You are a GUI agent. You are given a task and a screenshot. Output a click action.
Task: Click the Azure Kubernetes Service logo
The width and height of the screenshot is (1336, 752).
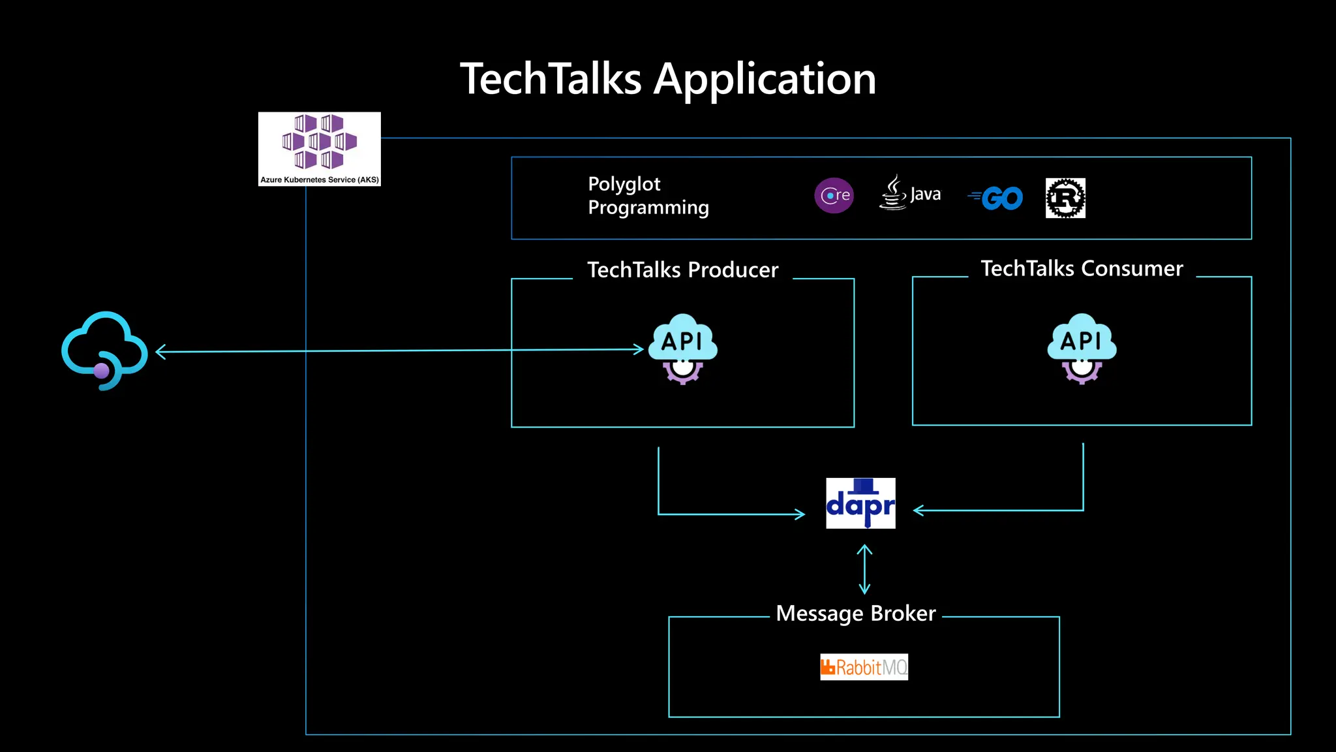[319, 148]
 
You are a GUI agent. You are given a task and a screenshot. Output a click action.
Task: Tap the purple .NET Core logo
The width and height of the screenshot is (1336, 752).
[834, 195]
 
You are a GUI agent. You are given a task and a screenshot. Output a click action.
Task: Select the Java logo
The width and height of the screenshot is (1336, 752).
[909, 193]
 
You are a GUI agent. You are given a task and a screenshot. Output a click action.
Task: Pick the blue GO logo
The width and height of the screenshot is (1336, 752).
[996, 198]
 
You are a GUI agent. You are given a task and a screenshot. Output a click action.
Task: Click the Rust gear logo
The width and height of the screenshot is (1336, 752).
[1065, 198]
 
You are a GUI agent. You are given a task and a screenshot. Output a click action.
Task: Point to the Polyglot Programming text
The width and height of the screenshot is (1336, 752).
[648, 195]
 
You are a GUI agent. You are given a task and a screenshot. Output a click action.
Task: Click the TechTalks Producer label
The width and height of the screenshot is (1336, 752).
[682, 270]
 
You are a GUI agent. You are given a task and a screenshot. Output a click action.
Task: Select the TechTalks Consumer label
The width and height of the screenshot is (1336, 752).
[1081, 268]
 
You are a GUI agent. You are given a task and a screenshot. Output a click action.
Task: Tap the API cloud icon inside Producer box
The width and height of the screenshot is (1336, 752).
[682, 349]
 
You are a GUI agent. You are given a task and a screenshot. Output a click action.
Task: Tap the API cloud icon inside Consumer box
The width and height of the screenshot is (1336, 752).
[1081, 349]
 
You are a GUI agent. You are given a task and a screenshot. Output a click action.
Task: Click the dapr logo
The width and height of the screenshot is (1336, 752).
[860, 503]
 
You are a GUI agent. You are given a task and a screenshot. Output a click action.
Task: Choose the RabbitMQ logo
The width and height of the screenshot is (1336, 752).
[864, 667]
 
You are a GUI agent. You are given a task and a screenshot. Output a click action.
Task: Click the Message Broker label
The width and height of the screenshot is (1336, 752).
[855, 614]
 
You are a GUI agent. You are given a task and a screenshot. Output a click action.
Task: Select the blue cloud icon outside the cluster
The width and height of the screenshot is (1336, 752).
[104, 351]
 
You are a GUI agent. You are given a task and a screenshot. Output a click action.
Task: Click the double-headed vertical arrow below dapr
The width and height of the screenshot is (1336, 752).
[864, 569]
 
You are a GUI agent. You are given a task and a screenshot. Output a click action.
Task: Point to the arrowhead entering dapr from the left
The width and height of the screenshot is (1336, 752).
[800, 514]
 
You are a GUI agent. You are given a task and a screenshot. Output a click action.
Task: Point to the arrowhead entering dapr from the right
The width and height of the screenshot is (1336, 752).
[918, 510]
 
